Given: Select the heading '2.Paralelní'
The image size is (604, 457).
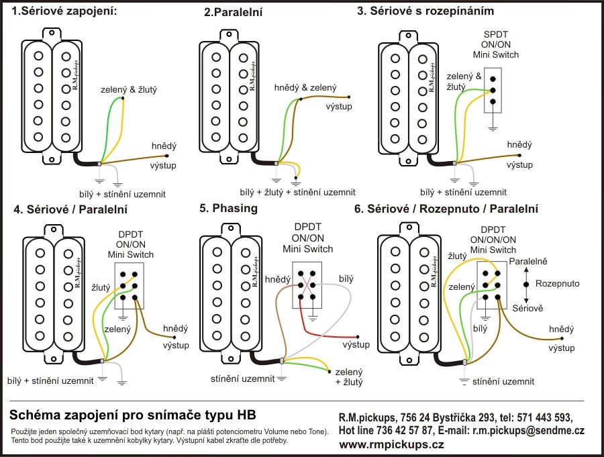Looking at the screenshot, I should point(234,12).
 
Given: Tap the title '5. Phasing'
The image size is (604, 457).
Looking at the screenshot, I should point(228,208).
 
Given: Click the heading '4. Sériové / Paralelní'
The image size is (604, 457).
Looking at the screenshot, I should point(70,209).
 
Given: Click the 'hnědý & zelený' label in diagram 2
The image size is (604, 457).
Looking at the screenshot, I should point(305,87).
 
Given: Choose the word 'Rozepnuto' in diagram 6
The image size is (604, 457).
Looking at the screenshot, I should point(558,283).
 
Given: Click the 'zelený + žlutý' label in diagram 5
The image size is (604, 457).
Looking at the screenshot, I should point(349,376).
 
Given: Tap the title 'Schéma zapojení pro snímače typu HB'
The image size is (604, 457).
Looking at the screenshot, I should point(132,413).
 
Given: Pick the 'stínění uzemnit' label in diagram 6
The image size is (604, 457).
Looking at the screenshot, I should point(503,381).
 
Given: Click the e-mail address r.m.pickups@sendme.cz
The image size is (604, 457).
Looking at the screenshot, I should point(528,430).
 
